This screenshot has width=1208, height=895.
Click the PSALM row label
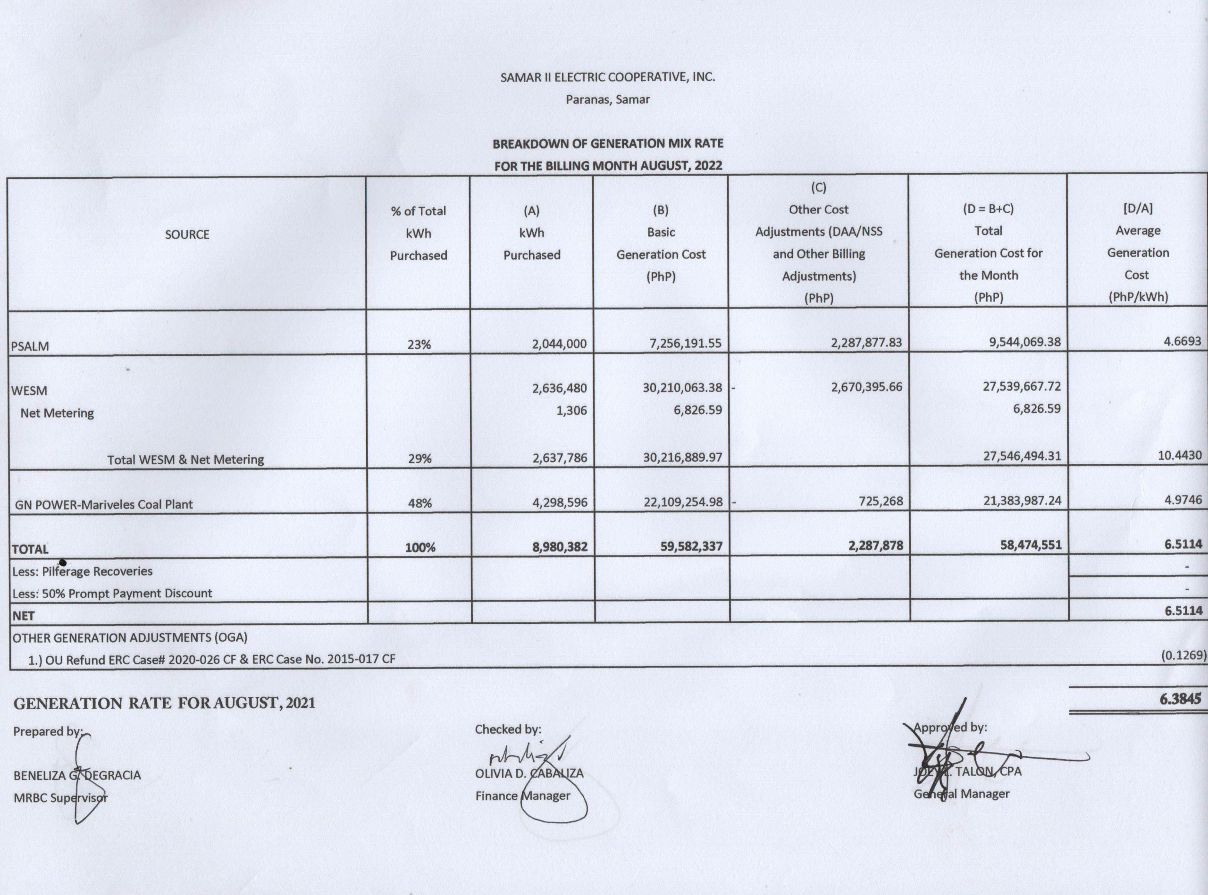coord(30,346)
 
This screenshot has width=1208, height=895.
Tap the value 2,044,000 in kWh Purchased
coord(560,343)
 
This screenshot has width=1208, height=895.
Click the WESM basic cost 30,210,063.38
coord(682,388)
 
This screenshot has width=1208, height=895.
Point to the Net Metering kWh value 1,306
coord(571,410)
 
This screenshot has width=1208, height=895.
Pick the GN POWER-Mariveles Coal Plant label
coord(103,504)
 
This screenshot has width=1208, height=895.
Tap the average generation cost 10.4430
coord(1179,456)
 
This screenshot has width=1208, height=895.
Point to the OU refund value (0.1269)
coord(1183,655)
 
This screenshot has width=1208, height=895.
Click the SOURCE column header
coord(187,234)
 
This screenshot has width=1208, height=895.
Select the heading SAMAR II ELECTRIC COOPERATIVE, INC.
coord(607,77)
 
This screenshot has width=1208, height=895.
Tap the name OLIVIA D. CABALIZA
coord(529,773)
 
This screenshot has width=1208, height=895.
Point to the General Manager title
coord(962,794)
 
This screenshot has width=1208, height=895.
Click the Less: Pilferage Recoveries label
coord(82,571)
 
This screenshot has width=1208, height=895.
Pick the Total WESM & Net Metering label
coord(185,460)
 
